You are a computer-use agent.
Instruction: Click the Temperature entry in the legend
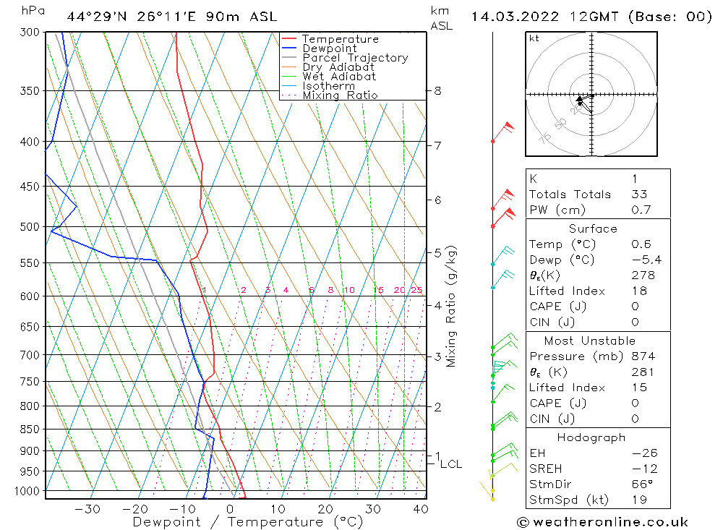coord(340,39)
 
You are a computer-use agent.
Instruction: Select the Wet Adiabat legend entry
coord(339,77)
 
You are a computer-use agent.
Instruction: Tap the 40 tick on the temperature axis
coord(420,509)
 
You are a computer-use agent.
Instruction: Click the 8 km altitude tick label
coord(438,91)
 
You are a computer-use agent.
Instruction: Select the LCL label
coord(450,464)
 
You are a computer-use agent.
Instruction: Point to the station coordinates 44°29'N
coord(95,16)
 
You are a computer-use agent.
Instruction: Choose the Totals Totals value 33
coord(638,195)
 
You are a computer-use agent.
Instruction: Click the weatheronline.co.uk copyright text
coord(602,522)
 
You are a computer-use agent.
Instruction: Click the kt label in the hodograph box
coord(534,38)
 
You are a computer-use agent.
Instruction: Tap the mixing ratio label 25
coord(416,291)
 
